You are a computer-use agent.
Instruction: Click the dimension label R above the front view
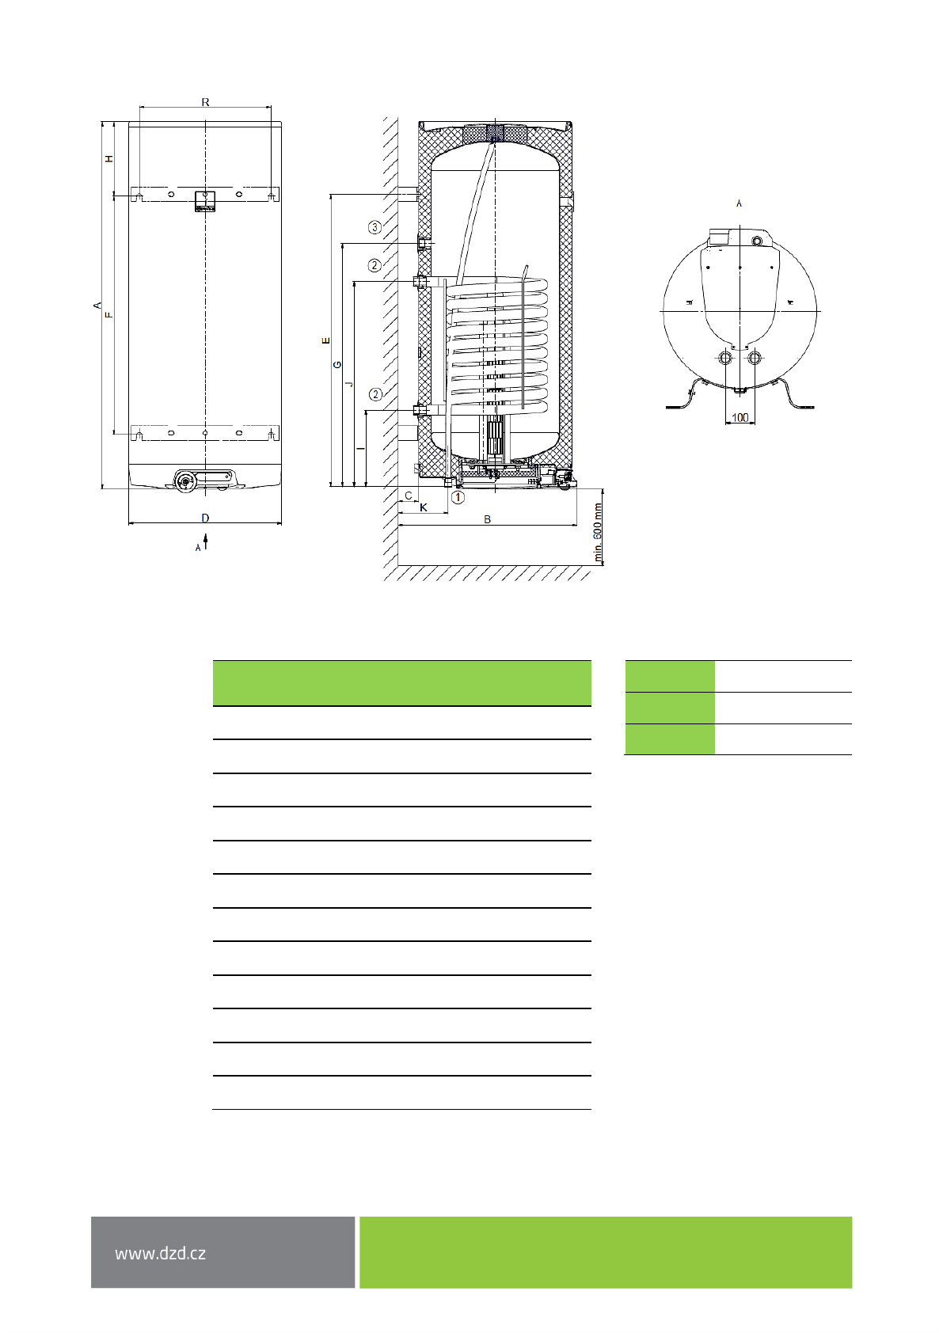click(x=205, y=102)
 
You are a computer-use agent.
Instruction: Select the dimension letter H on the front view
click(x=109, y=159)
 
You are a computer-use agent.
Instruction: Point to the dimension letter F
click(x=109, y=314)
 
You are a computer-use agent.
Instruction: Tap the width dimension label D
click(x=205, y=518)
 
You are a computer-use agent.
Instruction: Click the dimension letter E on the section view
click(x=325, y=340)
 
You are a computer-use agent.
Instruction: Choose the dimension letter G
click(x=337, y=364)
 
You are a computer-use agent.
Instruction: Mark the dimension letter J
click(x=349, y=384)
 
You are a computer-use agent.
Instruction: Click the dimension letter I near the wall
click(x=360, y=447)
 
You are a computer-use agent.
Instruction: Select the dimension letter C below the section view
click(x=409, y=496)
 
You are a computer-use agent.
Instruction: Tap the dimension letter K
click(x=424, y=507)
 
